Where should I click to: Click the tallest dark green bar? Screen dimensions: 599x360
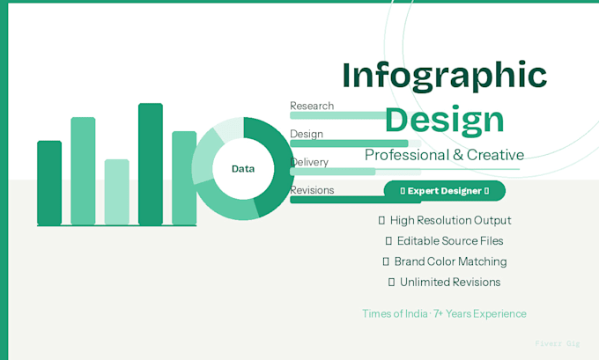(151, 165)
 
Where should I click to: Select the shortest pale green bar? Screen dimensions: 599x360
(117, 192)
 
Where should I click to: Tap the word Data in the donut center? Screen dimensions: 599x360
(243, 169)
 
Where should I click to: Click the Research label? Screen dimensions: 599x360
(312, 106)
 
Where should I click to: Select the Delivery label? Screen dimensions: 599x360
(309, 162)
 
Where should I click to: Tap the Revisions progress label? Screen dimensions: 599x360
(312, 190)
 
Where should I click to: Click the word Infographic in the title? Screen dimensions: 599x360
(444, 76)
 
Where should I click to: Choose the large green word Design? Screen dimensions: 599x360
(444, 121)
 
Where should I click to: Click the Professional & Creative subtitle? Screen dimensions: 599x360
(444, 155)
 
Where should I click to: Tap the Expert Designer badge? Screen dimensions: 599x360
(444, 190)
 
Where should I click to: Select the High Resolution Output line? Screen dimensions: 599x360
(445, 220)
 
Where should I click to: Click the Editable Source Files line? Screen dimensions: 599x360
(444, 241)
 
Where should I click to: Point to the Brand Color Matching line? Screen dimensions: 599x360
(445, 261)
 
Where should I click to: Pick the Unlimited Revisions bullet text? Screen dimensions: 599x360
(444, 283)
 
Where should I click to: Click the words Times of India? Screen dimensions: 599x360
(395, 314)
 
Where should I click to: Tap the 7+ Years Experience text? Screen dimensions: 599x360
(480, 314)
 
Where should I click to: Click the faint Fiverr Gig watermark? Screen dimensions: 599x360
(558, 343)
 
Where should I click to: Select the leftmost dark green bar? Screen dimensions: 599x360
(49, 183)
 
